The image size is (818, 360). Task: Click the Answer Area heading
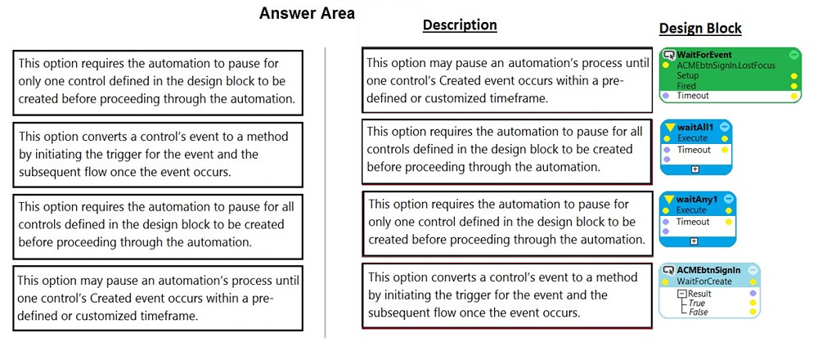(307, 13)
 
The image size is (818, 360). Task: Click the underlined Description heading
(460, 25)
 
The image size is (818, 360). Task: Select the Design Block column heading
(700, 28)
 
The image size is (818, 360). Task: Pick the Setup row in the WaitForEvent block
(688, 75)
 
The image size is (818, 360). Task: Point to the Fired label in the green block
(686, 86)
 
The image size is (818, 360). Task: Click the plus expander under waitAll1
(694, 169)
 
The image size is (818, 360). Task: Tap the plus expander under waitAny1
(694, 241)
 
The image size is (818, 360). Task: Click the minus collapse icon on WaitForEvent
(793, 54)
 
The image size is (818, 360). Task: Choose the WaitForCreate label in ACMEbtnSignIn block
(704, 281)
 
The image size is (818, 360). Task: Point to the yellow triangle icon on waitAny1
(670, 200)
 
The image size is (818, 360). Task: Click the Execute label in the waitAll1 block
(692, 138)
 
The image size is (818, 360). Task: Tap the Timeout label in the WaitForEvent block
(693, 96)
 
